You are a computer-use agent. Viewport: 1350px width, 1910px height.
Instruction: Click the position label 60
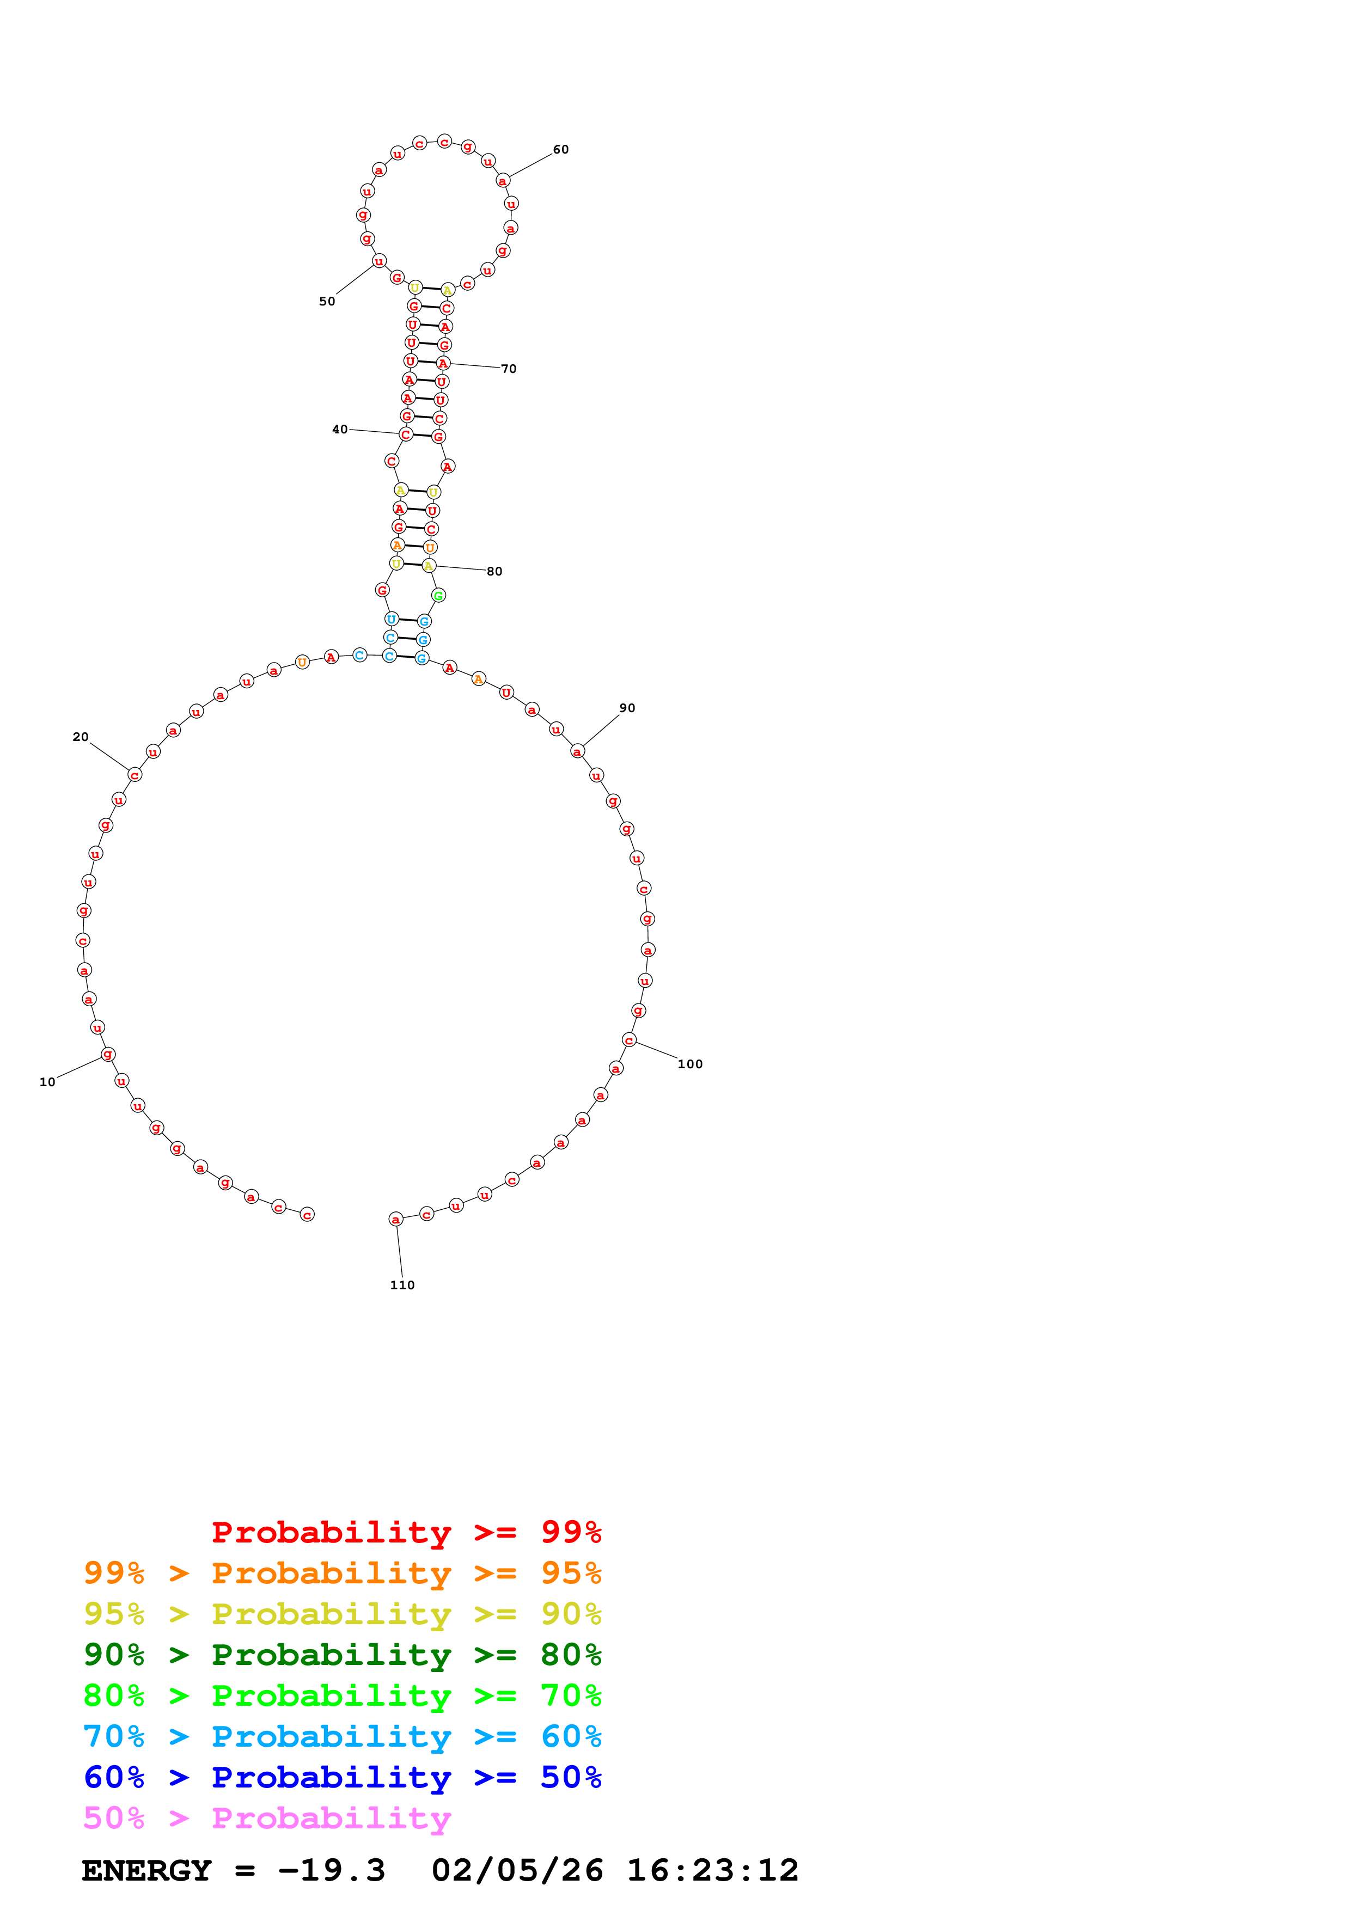(x=560, y=150)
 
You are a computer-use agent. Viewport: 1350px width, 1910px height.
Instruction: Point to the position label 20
(x=81, y=737)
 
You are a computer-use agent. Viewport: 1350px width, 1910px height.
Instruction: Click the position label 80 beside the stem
(x=495, y=572)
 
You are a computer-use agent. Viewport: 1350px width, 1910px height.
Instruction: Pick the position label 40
(x=339, y=429)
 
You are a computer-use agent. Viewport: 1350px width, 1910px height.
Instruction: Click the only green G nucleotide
(x=438, y=596)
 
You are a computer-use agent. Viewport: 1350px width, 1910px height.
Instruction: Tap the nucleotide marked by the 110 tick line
(x=396, y=1220)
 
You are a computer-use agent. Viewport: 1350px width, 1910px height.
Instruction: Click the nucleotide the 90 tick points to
(x=577, y=751)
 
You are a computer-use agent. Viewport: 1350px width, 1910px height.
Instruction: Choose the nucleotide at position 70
(x=443, y=364)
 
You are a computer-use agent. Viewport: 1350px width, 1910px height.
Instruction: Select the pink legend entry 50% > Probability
(x=267, y=1819)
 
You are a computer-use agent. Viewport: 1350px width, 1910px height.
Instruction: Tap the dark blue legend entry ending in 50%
(x=342, y=1778)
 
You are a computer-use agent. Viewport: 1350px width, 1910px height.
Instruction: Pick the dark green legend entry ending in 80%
(x=342, y=1655)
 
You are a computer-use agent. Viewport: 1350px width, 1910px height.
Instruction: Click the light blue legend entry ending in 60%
(x=342, y=1737)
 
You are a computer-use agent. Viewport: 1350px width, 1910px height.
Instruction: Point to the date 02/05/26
(x=517, y=1871)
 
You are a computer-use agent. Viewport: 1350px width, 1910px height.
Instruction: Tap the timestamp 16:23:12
(x=712, y=1871)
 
